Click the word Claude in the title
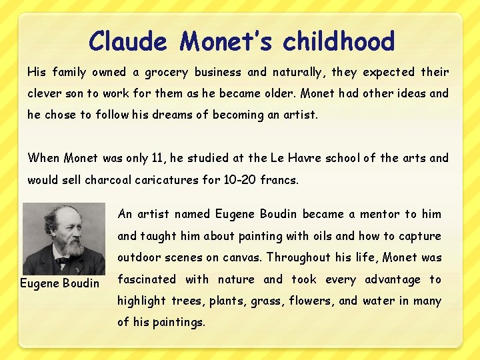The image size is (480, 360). point(128,41)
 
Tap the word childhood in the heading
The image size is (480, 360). point(339,41)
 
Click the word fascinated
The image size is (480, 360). point(147,279)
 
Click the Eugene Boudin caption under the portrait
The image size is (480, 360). point(59,283)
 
